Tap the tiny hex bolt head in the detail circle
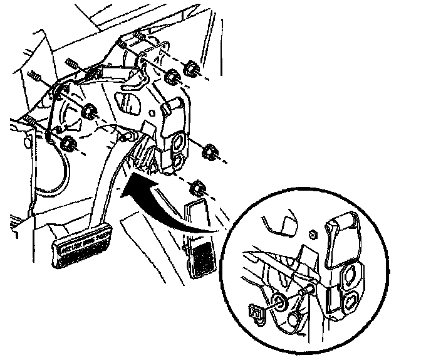[x=313, y=235]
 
